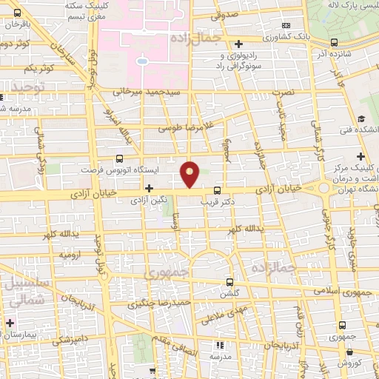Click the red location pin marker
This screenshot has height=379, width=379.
tap(191, 173)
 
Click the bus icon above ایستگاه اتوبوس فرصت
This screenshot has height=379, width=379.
tap(120, 158)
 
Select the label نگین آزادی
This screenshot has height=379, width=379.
tap(148, 200)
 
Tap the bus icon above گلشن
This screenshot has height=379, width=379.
tap(229, 282)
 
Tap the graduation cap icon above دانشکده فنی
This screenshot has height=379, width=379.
tap(360, 119)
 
